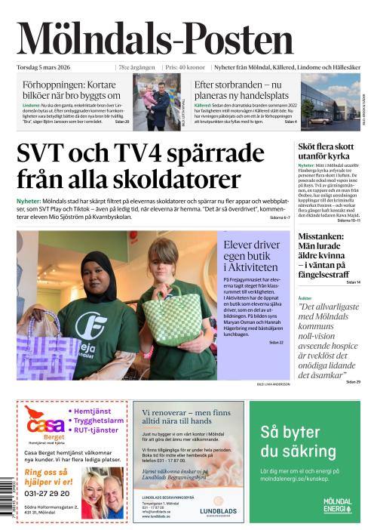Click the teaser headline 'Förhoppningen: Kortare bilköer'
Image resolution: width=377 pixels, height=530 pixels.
pyautogui.click(x=72, y=91)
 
